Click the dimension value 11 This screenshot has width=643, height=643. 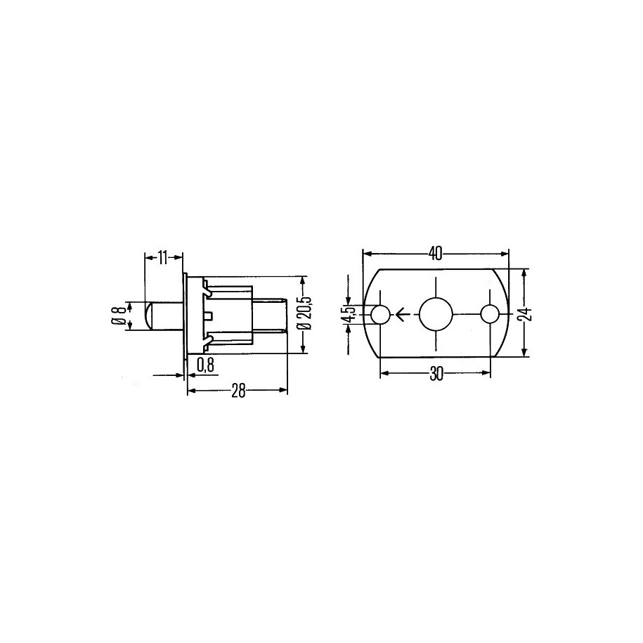[x=163, y=258]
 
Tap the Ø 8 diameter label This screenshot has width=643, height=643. [x=118, y=316]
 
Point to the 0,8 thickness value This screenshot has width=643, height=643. [x=205, y=365]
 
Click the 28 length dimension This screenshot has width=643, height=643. [x=238, y=391]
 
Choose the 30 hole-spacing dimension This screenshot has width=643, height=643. [x=436, y=374]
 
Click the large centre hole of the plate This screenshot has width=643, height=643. [x=436, y=315]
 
